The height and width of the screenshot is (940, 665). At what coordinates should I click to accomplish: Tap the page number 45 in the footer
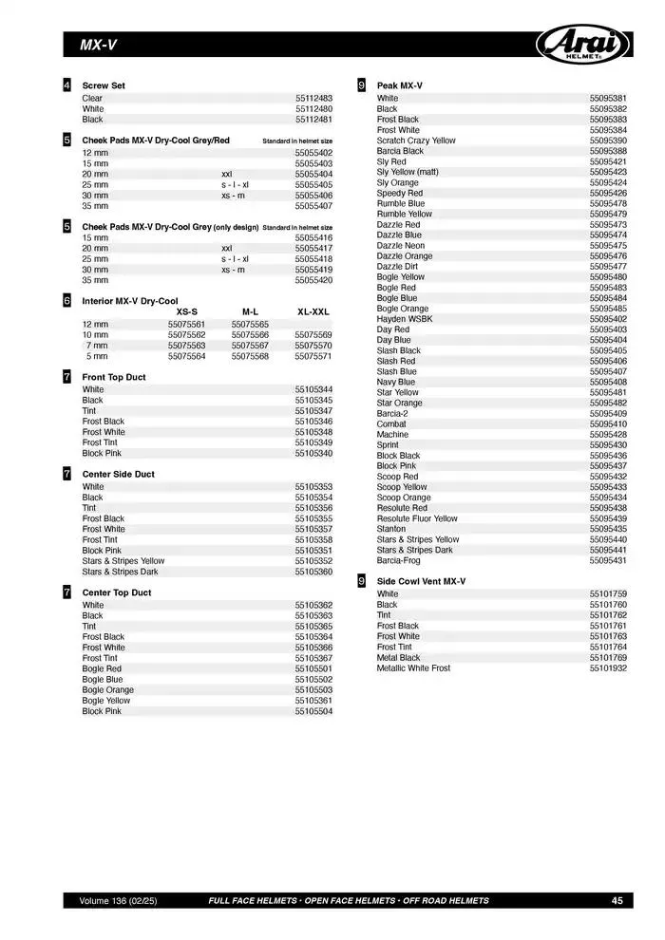click(617, 900)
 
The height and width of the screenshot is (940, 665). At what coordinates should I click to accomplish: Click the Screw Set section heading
click(104, 85)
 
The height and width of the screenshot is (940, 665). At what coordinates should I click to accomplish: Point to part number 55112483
click(313, 99)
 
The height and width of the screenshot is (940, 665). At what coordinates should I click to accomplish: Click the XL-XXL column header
click(313, 311)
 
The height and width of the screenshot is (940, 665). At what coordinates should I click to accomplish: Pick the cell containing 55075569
click(313, 335)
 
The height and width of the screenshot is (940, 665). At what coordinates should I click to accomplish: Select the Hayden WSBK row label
click(405, 319)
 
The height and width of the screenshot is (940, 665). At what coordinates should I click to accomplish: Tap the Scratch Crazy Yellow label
click(416, 141)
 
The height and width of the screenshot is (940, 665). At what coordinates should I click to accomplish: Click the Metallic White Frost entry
click(413, 668)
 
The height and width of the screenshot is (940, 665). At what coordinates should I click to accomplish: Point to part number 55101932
click(608, 668)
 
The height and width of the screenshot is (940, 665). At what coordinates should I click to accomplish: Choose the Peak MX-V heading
click(400, 85)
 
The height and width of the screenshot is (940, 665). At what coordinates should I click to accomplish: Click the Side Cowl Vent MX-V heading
click(421, 581)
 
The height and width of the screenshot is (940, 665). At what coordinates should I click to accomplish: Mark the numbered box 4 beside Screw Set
click(66, 85)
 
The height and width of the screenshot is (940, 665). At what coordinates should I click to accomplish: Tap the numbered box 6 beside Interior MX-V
click(66, 300)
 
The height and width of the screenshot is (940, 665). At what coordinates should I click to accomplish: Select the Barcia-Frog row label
click(400, 561)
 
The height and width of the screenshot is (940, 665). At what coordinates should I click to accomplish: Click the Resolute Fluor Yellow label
click(417, 519)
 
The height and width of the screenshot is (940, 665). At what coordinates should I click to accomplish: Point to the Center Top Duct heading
click(117, 592)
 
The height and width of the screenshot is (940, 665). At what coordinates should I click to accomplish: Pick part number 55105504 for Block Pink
click(313, 711)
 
